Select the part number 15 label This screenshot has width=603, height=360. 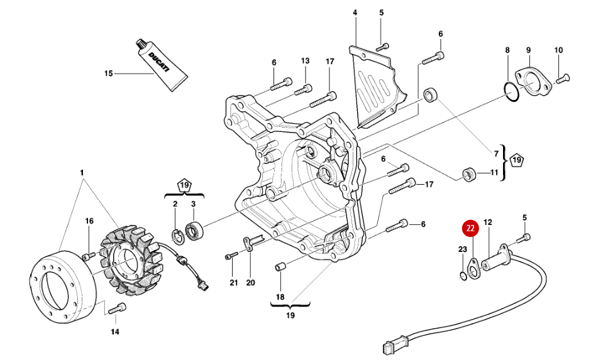[x=108, y=74]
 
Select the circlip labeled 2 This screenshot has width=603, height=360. [x=177, y=236]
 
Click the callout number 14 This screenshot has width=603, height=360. [x=115, y=331]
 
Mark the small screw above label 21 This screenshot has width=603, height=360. [x=231, y=256]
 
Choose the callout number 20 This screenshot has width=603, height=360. [x=250, y=282]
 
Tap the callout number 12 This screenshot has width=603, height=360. [x=488, y=222]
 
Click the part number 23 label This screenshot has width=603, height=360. [x=463, y=249]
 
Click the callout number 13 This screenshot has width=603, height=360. [x=305, y=61]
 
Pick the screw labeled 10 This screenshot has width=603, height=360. [x=563, y=78]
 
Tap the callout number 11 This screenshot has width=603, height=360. [x=494, y=172]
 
